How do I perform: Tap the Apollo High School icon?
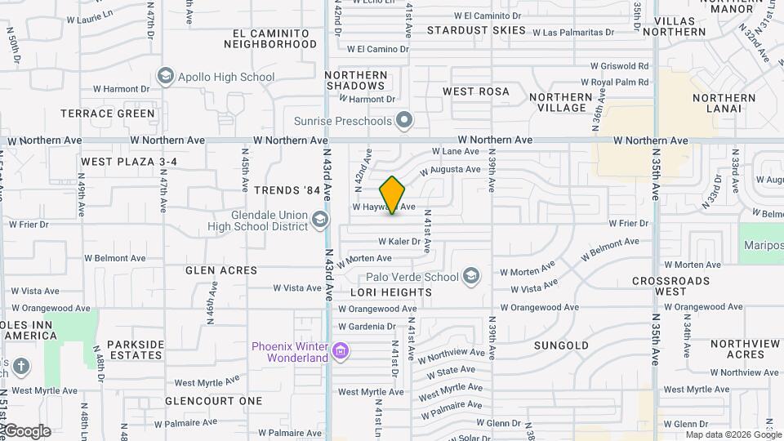point(167,77)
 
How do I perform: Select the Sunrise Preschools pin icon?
point(403,122)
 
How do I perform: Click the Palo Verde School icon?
point(470,277)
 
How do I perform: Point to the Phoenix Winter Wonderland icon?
point(341,352)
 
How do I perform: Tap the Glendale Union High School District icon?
point(320,220)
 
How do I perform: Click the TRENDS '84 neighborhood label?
point(287,190)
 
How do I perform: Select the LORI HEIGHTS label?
point(391,292)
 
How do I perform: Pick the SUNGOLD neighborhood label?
point(561,345)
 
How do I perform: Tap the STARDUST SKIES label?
point(477,30)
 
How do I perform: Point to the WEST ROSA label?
point(476,91)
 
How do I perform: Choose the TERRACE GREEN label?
point(118,114)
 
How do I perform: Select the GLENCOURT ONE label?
point(214,401)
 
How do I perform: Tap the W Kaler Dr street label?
point(399,242)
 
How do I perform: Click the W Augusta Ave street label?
point(450,170)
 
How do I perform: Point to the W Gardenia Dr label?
point(367,326)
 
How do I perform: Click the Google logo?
point(26,431)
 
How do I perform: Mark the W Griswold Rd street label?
point(620,66)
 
